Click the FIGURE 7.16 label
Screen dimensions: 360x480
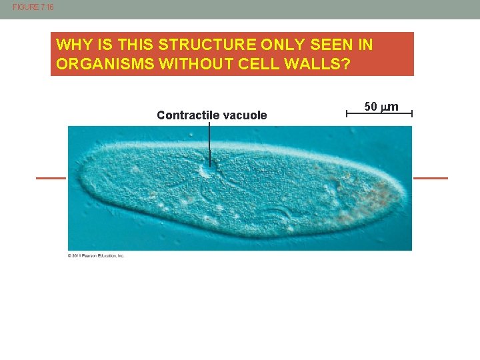33,7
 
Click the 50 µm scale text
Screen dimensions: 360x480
381,107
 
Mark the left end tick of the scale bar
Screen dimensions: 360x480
347,115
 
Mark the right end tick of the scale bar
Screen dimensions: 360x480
412,115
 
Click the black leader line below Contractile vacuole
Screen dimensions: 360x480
209,143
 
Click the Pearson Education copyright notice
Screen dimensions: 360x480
96,255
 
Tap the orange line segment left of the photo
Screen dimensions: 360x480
51,178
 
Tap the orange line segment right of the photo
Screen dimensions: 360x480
431,178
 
